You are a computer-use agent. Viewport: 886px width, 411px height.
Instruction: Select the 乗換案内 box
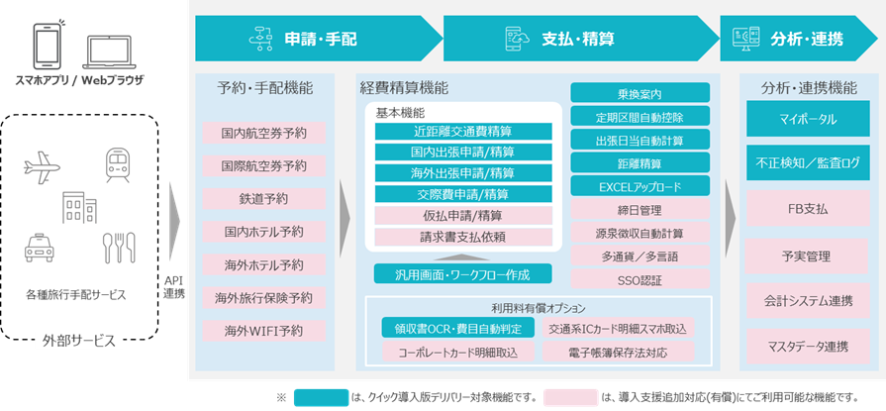(640, 92)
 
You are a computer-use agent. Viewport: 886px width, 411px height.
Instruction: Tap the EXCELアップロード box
(640, 185)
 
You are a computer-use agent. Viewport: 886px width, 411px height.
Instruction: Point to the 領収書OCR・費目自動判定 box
(457, 327)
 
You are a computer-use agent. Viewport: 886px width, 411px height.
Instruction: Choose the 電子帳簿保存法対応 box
(618, 351)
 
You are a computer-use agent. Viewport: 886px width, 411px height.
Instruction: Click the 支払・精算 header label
(578, 39)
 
